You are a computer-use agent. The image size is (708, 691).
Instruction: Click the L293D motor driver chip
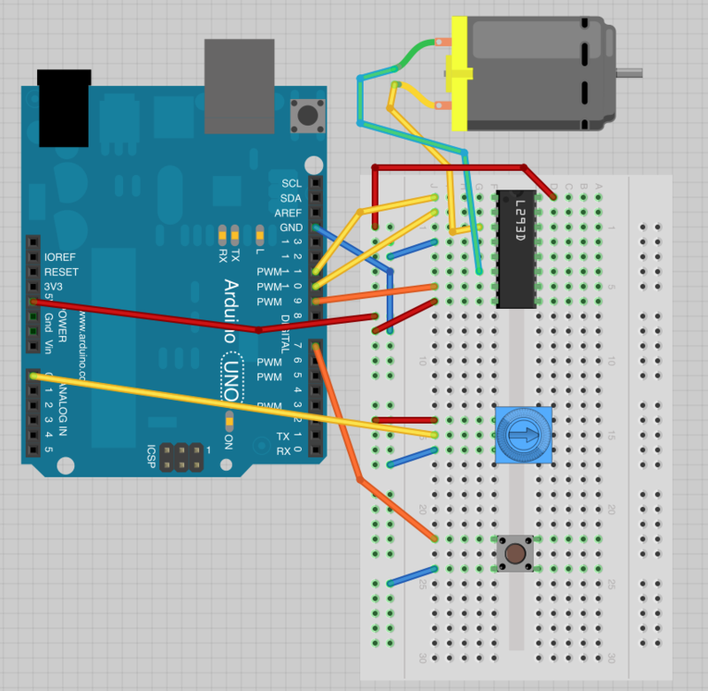tap(516, 249)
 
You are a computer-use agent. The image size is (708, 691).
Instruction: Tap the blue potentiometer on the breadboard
tap(524, 434)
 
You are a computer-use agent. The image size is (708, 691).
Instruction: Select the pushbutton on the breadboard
tap(514, 554)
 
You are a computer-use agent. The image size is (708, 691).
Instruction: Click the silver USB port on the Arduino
tap(234, 84)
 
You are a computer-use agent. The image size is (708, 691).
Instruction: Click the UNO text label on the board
tap(232, 366)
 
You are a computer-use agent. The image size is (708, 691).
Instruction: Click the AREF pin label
tap(289, 213)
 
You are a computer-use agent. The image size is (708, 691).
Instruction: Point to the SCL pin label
tap(291, 183)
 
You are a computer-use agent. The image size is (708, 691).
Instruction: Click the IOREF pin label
tap(59, 258)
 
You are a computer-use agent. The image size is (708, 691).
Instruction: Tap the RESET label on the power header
tap(61, 273)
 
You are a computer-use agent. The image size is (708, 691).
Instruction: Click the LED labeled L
tap(259, 234)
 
